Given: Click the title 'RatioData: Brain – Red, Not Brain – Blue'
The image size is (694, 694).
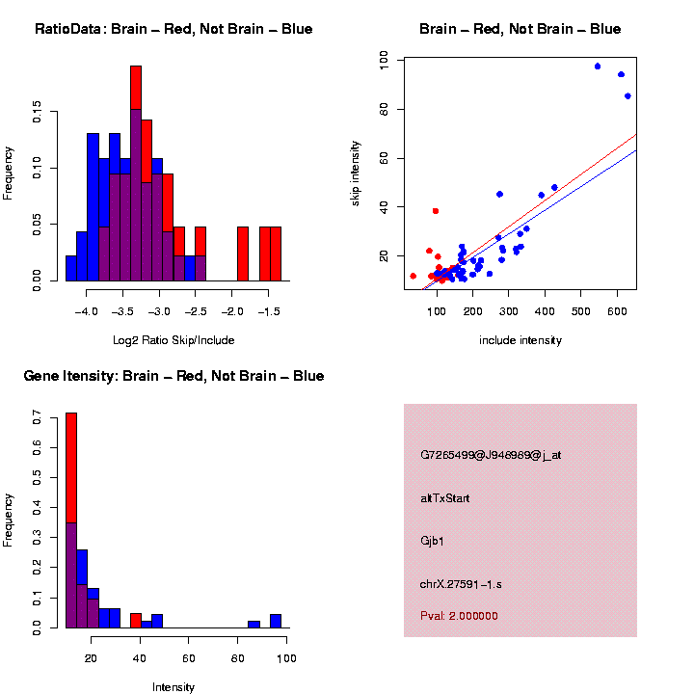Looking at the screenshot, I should click(x=173, y=29).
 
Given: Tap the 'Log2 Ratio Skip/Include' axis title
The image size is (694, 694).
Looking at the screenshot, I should click(x=173, y=339).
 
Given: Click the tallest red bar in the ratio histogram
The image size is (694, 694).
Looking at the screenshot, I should click(x=136, y=87).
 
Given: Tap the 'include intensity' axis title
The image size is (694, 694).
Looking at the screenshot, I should click(x=520, y=339).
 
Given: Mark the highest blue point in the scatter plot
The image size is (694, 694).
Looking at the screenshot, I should click(x=598, y=67).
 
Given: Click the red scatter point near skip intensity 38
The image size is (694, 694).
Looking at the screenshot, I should click(x=436, y=211).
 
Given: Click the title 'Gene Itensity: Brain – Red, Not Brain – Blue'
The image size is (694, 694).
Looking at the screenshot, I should click(x=173, y=376).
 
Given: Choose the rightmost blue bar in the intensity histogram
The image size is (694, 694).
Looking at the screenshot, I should click(x=276, y=621).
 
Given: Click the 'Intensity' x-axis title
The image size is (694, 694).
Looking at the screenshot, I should click(x=173, y=687).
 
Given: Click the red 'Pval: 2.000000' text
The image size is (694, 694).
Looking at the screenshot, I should click(x=459, y=616).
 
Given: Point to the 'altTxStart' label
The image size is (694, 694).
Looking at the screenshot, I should click(x=444, y=498).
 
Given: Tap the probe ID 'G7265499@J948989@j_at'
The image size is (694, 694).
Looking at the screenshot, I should click(x=491, y=455).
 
